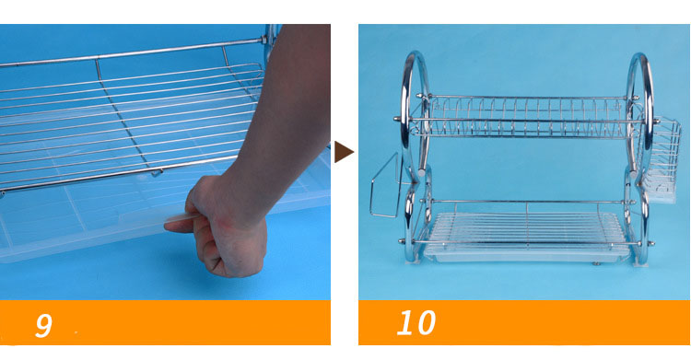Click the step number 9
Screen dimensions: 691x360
43,325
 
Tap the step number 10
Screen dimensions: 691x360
416,322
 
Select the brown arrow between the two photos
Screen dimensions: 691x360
344,152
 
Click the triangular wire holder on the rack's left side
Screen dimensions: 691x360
384,186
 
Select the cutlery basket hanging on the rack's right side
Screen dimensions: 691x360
660,160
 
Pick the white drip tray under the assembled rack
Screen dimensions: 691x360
527,238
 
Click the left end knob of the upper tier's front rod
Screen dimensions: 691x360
397,119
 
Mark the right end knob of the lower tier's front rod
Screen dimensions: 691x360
651,243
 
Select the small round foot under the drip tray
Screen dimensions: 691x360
597,264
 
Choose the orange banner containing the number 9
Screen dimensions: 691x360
165,322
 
